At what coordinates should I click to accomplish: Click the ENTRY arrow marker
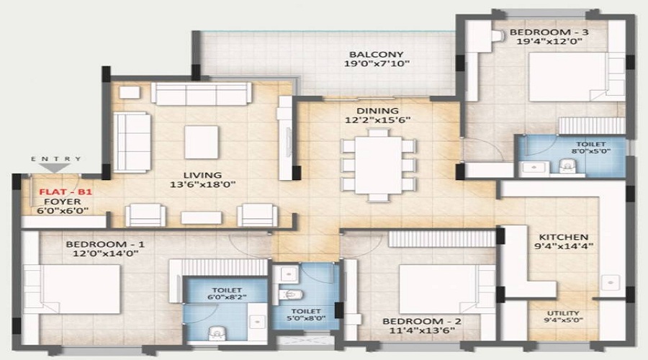(56, 167)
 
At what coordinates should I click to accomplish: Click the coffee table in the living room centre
(202, 142)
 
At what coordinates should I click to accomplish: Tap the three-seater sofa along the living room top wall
(201, 94)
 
